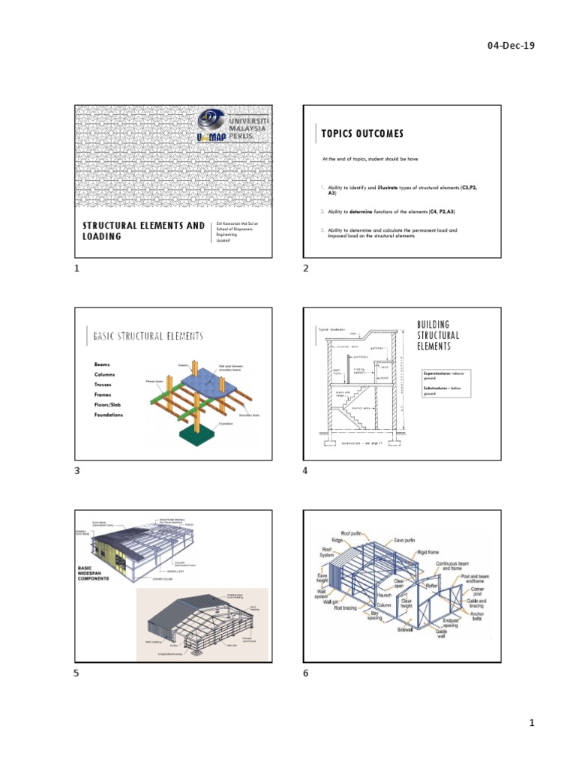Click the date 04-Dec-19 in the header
(511, 45)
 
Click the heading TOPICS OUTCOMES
(361, 133)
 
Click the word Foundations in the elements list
(109, 415)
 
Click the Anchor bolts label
(474, 617)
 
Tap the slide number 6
(306, 673)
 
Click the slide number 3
(76, 471)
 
